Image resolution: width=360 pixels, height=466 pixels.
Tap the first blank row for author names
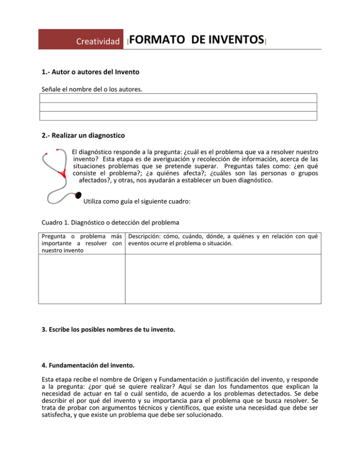pos(178,98)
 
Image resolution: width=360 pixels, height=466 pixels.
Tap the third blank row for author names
pos(178,116)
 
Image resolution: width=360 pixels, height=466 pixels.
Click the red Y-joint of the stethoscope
pos(61,174)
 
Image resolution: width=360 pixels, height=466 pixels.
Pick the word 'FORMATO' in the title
pos(157,40)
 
